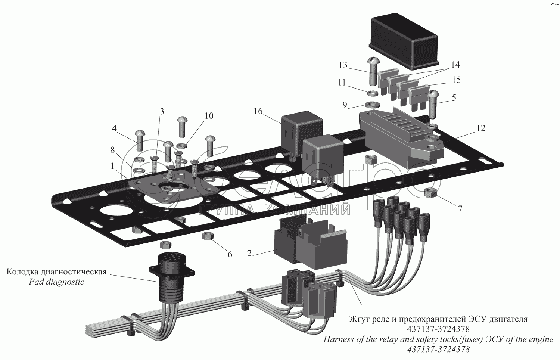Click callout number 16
(x=258, y=111)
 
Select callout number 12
(x=480, y=128)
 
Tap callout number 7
(x=460, y=209)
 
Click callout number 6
(x=230, y=254)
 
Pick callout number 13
(x=343, y=65)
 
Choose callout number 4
(x=115, y=128)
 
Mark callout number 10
(x=209, y=116)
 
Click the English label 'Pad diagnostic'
(x=57, y=282)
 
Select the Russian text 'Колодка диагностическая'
(x=56, y=272)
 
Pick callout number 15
(x=456, y=80)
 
